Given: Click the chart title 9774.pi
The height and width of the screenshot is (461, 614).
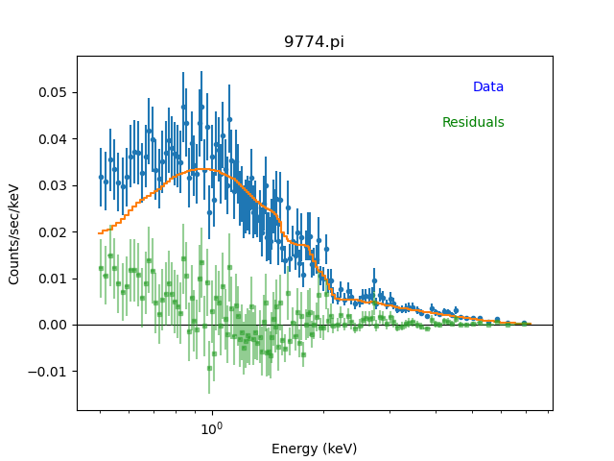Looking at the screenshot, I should [314, 42].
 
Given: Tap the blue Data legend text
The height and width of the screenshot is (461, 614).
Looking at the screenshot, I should [487, 87].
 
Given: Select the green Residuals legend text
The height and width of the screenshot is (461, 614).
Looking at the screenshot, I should [473, 123].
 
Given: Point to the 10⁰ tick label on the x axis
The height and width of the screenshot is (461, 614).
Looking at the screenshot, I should [211, 428].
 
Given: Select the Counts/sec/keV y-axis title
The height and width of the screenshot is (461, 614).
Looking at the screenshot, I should [14, 233].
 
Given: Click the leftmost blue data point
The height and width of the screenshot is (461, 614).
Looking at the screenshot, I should [101, 177].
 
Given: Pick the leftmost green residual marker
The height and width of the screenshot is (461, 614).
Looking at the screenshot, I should [101, 268].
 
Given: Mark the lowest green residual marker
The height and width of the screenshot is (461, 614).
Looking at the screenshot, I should [209, 368].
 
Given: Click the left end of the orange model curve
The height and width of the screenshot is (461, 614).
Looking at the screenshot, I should [99, 232].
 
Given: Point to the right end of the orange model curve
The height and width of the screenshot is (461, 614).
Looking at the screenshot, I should [529, 324].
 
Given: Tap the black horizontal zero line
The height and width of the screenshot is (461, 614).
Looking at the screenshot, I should [384, 325].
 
